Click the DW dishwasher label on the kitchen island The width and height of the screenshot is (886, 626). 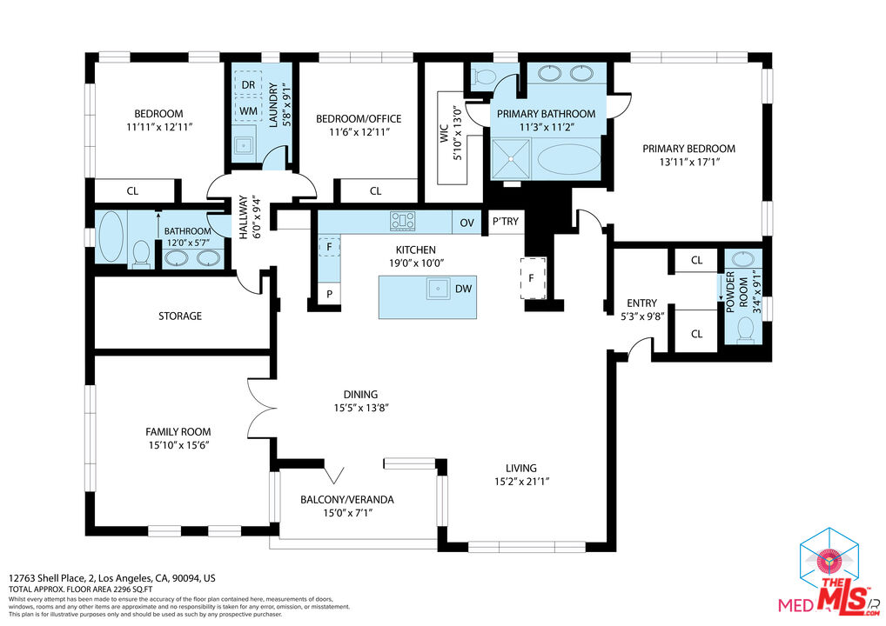click(x=463, y=289)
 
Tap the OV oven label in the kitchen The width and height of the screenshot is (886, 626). click(x=467, y=223)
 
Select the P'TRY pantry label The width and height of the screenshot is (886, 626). click(x=506, y=222)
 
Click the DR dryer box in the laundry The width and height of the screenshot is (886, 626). click(x=248, y=84)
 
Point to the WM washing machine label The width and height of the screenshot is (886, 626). click(x=248, y=111)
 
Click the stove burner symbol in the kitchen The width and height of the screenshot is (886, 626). click(x=403, y=222)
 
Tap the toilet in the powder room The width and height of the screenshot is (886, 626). click(x=745, y=328)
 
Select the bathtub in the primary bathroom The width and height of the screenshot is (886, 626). click(x=567, y=161)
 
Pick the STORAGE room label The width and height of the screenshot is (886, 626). click(x=180, y=316)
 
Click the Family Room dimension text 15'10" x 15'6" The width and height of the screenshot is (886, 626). click(x=178, y=444)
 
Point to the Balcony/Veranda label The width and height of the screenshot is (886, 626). click(x=347, y=500)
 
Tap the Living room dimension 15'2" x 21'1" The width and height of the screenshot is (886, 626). click(x=521, y=481)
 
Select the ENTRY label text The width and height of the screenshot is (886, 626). click(x=642, y=303)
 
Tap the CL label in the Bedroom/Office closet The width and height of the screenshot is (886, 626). click(x=375, y=191)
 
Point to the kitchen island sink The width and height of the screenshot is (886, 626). click(x=438, y=288)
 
